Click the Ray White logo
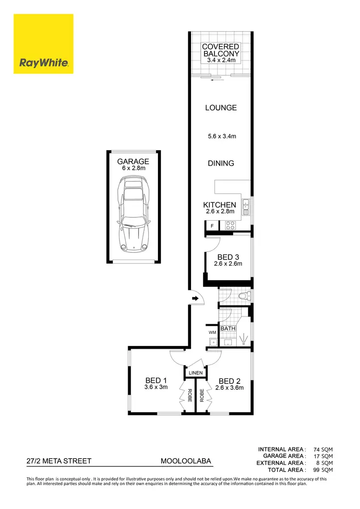click(43, 44)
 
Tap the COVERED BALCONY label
click(221, 50)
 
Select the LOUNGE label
click(221, 108)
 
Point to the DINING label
click(221, 163)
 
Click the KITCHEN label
click(220, 205)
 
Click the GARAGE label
click(133, 162)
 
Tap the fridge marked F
click(212, 225)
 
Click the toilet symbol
click(245, 296)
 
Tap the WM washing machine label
click(212, 332)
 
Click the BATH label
click(228, 329)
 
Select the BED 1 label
click(156, 381)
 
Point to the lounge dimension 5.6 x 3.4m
click(221, 136)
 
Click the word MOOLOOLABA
click(186, 461)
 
